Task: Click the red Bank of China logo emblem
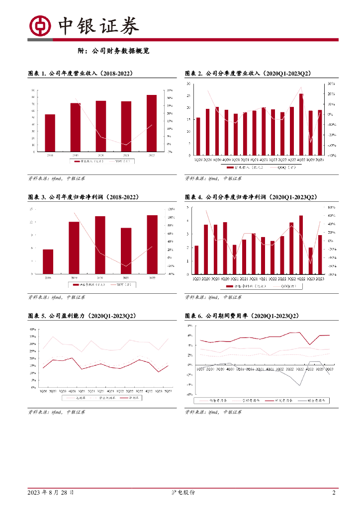click(x=41, y=26)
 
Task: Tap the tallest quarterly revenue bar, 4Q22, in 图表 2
click(x=301, y=124)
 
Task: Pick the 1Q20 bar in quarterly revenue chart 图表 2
click(x=198, y=136)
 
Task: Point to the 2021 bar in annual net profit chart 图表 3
click(x=126, y=251)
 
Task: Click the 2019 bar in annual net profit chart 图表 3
click(x=74, y=248)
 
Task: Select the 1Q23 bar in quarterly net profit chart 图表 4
click(x=311, y=260)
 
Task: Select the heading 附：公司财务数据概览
click(x=114, y=51)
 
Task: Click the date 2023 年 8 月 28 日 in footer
click(x=51, y=493)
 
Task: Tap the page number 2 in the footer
click(x=334, y=493)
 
